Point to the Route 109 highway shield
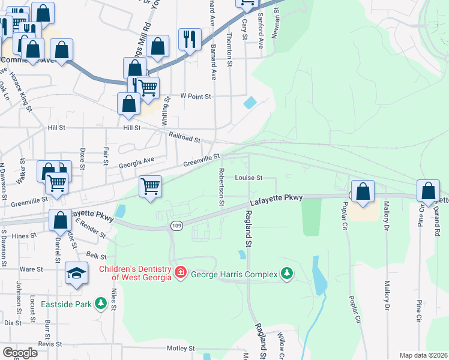pyautogui.click(x=176, y=225)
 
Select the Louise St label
pyautogui.click(x=249, y=178)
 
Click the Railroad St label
pyautogui.click(x=184, y=138)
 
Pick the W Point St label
pyautogui.click(x=196, y=96)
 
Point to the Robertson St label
pyautogui.click(x=221, y=186)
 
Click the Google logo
pyautogui.click(x=20, y=353)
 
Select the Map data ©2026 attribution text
pyautogui.click(x=424, y=355)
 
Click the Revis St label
pyautogui.click(x=50, y=344)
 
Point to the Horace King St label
pyautogui.click(x=20, y=92)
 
